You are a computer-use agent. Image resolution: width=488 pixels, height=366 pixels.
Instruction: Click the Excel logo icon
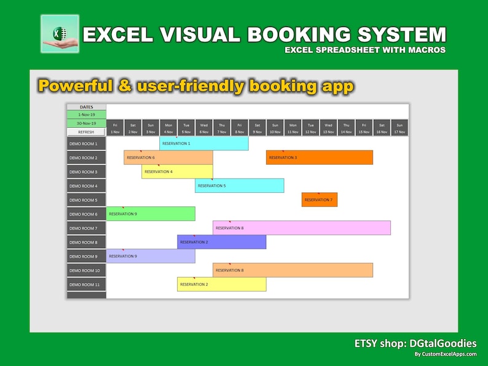pos(60,34)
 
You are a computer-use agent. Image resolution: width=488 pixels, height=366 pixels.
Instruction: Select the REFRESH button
pos(86,131)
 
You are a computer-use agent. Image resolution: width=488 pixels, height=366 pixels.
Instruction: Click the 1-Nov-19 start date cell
pos(86,114)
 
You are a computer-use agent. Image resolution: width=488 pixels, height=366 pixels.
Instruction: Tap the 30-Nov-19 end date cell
pos(86,123)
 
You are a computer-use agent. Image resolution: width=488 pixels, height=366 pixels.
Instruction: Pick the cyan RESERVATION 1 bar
pos(203,143)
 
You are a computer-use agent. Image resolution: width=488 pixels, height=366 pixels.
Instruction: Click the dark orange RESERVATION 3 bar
pos(319,157)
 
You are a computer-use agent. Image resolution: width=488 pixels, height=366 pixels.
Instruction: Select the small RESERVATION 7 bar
pos(319,200)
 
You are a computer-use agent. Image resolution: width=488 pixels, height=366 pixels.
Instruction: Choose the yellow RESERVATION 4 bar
pos(177,171)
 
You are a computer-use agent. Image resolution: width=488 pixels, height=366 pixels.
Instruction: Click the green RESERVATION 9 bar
pos(151,214)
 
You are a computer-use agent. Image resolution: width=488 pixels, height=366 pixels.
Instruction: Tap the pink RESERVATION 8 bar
pos(301,228)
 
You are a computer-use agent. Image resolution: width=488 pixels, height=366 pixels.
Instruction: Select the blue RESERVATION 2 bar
pos(221,242)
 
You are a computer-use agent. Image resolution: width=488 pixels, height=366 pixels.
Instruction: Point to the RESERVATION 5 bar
pos(239,185)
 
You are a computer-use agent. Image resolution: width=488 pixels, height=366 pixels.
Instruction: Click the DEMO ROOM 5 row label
pos(86,200)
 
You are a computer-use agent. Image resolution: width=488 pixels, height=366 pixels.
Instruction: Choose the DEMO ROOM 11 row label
pos(86,284)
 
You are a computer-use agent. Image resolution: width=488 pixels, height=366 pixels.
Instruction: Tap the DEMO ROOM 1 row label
pos(86,143)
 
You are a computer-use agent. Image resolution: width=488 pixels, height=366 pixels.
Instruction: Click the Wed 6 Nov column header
pos(203,128)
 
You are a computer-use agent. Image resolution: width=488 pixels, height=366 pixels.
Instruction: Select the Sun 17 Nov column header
pos(399,128)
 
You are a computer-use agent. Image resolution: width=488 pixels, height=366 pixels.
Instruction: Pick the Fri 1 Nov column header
pos(115,128)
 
